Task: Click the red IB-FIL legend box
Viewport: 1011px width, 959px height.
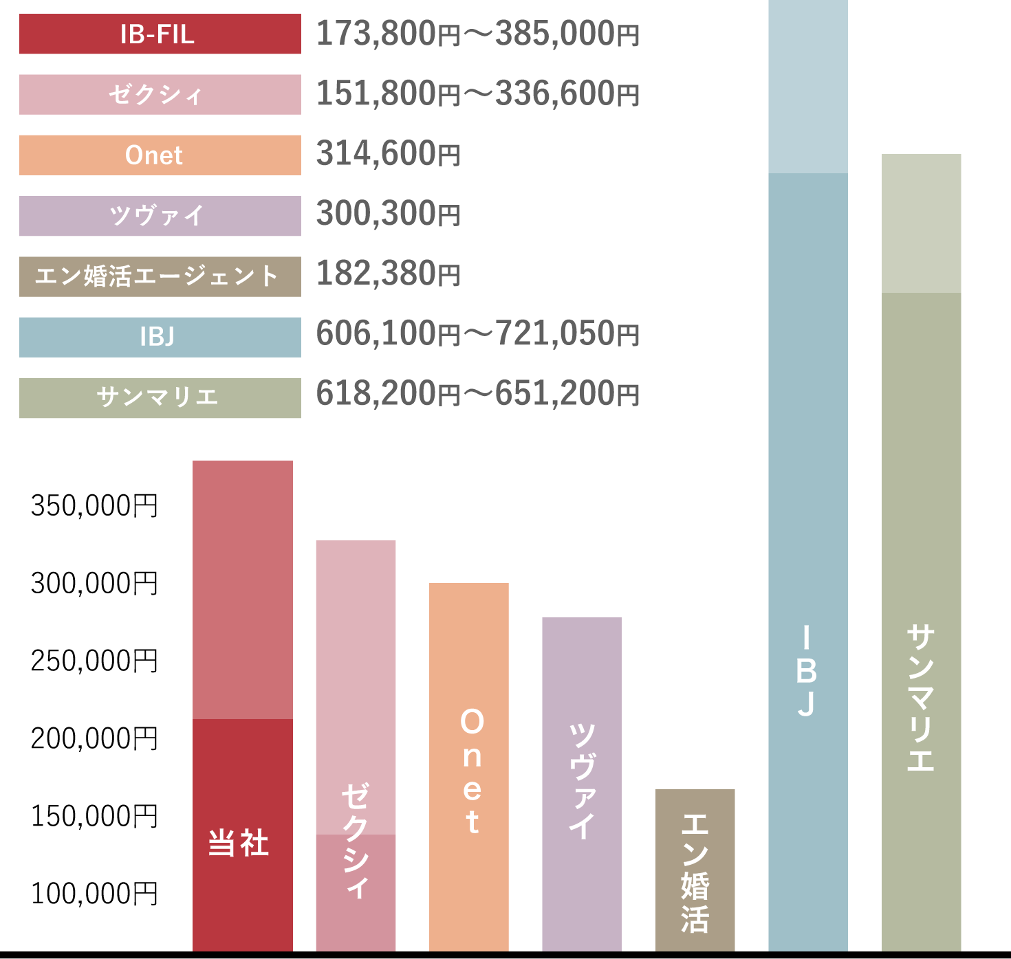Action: point(160,34)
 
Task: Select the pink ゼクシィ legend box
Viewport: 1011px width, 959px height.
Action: point(160,94)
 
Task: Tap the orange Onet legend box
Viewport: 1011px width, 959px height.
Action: point(160,155)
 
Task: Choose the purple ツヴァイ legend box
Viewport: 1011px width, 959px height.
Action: point(160,216)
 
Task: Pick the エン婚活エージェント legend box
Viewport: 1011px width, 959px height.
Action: point(160,276)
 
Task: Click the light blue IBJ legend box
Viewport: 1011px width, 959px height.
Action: point(160,337)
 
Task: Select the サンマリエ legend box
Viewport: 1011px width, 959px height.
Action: point(160,397)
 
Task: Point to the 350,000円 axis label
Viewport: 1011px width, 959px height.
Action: point(94,505)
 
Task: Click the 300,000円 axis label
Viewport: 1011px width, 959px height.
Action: point(94,583)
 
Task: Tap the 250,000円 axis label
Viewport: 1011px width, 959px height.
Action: point(94,661)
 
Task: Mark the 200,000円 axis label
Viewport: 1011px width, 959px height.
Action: point(94,738)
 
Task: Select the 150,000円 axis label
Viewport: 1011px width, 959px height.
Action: point(94,816)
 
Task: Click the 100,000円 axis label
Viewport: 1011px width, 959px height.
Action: point(94,894)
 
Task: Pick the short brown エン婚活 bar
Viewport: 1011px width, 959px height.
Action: point(695,870)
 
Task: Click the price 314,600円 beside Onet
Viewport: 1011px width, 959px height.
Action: point(388,154)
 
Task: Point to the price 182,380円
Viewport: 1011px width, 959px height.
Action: point(388,274)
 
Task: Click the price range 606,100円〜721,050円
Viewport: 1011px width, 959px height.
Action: point(478,334)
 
